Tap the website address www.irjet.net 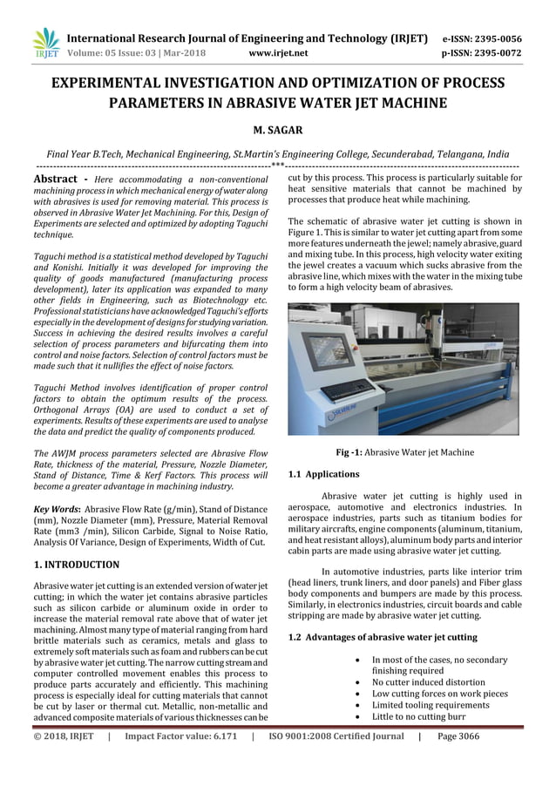278,52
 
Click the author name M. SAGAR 277,130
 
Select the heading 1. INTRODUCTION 76,565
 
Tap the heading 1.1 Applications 323,474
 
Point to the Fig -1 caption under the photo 404,452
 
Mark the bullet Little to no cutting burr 418,716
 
